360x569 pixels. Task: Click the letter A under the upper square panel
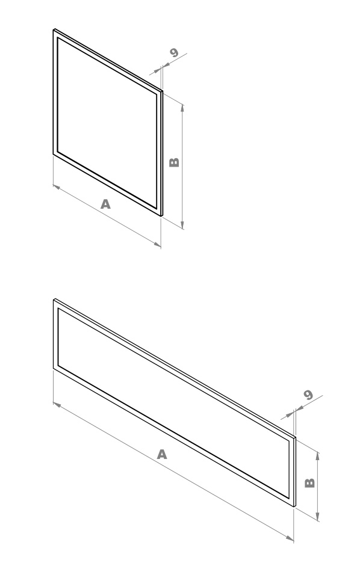click(105, 204)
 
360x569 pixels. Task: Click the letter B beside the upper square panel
click(175, 162)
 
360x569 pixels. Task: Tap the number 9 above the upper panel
click(175, 52)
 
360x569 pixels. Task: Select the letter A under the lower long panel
click(162, 454)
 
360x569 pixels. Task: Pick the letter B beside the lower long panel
click(309, 482)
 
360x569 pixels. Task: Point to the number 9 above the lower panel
click(308, 395)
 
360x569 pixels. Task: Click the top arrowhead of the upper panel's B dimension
click(182, 108)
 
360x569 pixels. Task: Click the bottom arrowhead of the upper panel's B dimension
click(182, 226)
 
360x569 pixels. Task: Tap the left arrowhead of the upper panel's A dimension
click(57, 186)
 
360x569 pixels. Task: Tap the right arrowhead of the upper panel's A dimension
click(157, 245)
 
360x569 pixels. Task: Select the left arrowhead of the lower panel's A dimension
click(57, 404)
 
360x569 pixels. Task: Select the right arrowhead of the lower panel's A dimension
click(290, 538)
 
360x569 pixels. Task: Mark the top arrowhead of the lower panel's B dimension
click(318, 455)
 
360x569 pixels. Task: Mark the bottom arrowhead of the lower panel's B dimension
click(318, 517)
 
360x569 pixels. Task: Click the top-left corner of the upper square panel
click(54, 29)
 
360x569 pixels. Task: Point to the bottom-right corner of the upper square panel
click(161, 216)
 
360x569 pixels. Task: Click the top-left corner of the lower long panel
click(54, 300)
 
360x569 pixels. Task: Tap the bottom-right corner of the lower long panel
click(294, 506)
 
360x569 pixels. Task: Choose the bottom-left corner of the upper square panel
click(54, 154)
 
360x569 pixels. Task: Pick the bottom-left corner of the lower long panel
click(54, 369)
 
